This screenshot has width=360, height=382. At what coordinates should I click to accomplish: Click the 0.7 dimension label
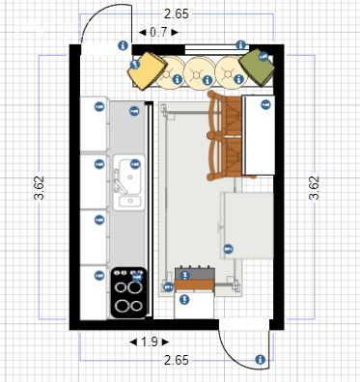click(158, 32)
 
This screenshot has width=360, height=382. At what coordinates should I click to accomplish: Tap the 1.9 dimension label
click(150, 342)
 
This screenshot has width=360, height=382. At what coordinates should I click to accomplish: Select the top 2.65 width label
click(177, 14)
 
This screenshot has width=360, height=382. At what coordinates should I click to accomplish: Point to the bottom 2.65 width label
click(177, 360)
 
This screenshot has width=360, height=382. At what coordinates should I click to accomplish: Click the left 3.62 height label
click(40, 188)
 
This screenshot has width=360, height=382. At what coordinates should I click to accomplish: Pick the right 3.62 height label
click(314, 188)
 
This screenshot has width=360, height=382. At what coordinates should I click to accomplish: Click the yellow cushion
click(147, 70)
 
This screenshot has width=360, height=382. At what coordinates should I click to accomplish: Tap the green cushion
click(257, 68)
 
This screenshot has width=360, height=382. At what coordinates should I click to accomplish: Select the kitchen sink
click(128, 182)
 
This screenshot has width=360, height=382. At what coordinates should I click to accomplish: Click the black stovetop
click(128, 292)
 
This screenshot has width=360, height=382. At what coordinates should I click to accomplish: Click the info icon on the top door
click(123, 45)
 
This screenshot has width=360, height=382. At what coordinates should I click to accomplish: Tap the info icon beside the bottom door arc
click(260, 360)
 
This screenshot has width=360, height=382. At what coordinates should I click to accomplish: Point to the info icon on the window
click(240, 45)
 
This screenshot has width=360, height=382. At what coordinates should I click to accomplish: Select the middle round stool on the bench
click(199, 72)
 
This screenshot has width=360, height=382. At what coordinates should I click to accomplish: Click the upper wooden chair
click(225, 113)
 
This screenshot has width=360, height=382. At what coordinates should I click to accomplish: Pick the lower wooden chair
click(225, 157)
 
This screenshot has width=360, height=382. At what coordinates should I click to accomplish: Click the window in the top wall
click(217, 48)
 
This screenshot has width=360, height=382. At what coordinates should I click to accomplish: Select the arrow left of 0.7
click(143, 32)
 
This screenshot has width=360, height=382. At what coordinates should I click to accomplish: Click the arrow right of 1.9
click(165, 342)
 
